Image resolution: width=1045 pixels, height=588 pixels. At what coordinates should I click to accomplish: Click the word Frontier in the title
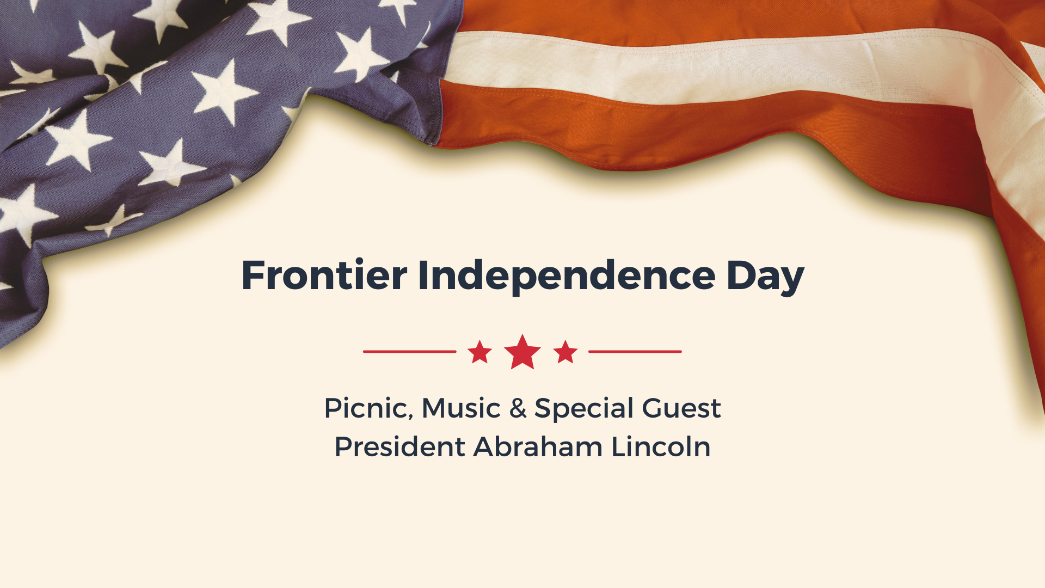click(324, 275)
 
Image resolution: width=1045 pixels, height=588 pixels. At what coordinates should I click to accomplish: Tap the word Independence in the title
click(566, 276)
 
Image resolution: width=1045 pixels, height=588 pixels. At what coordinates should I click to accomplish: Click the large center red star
click(522, 353)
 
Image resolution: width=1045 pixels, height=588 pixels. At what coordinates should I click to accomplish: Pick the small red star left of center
click(480, 352)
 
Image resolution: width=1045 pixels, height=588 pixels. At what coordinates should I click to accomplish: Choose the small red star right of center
click(565, 352)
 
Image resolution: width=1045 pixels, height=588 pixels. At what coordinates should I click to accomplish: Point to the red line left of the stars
click(409, 352)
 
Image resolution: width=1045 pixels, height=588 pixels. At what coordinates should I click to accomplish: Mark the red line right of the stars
click(635, 352)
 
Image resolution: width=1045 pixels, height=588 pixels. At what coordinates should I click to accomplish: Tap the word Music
click(460, 408)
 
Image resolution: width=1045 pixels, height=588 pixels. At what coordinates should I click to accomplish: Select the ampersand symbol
click(518, 408)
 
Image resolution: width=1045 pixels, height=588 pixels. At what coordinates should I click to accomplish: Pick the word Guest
click(681, 408)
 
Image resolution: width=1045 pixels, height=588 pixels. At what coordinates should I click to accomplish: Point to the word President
click(399, 447)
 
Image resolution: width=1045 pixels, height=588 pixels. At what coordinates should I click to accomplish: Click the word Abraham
click(538, 447)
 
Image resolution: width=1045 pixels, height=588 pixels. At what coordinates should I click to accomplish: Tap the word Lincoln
click(661, 447)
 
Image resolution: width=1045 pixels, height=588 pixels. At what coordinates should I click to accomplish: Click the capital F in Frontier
click(253, 275)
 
